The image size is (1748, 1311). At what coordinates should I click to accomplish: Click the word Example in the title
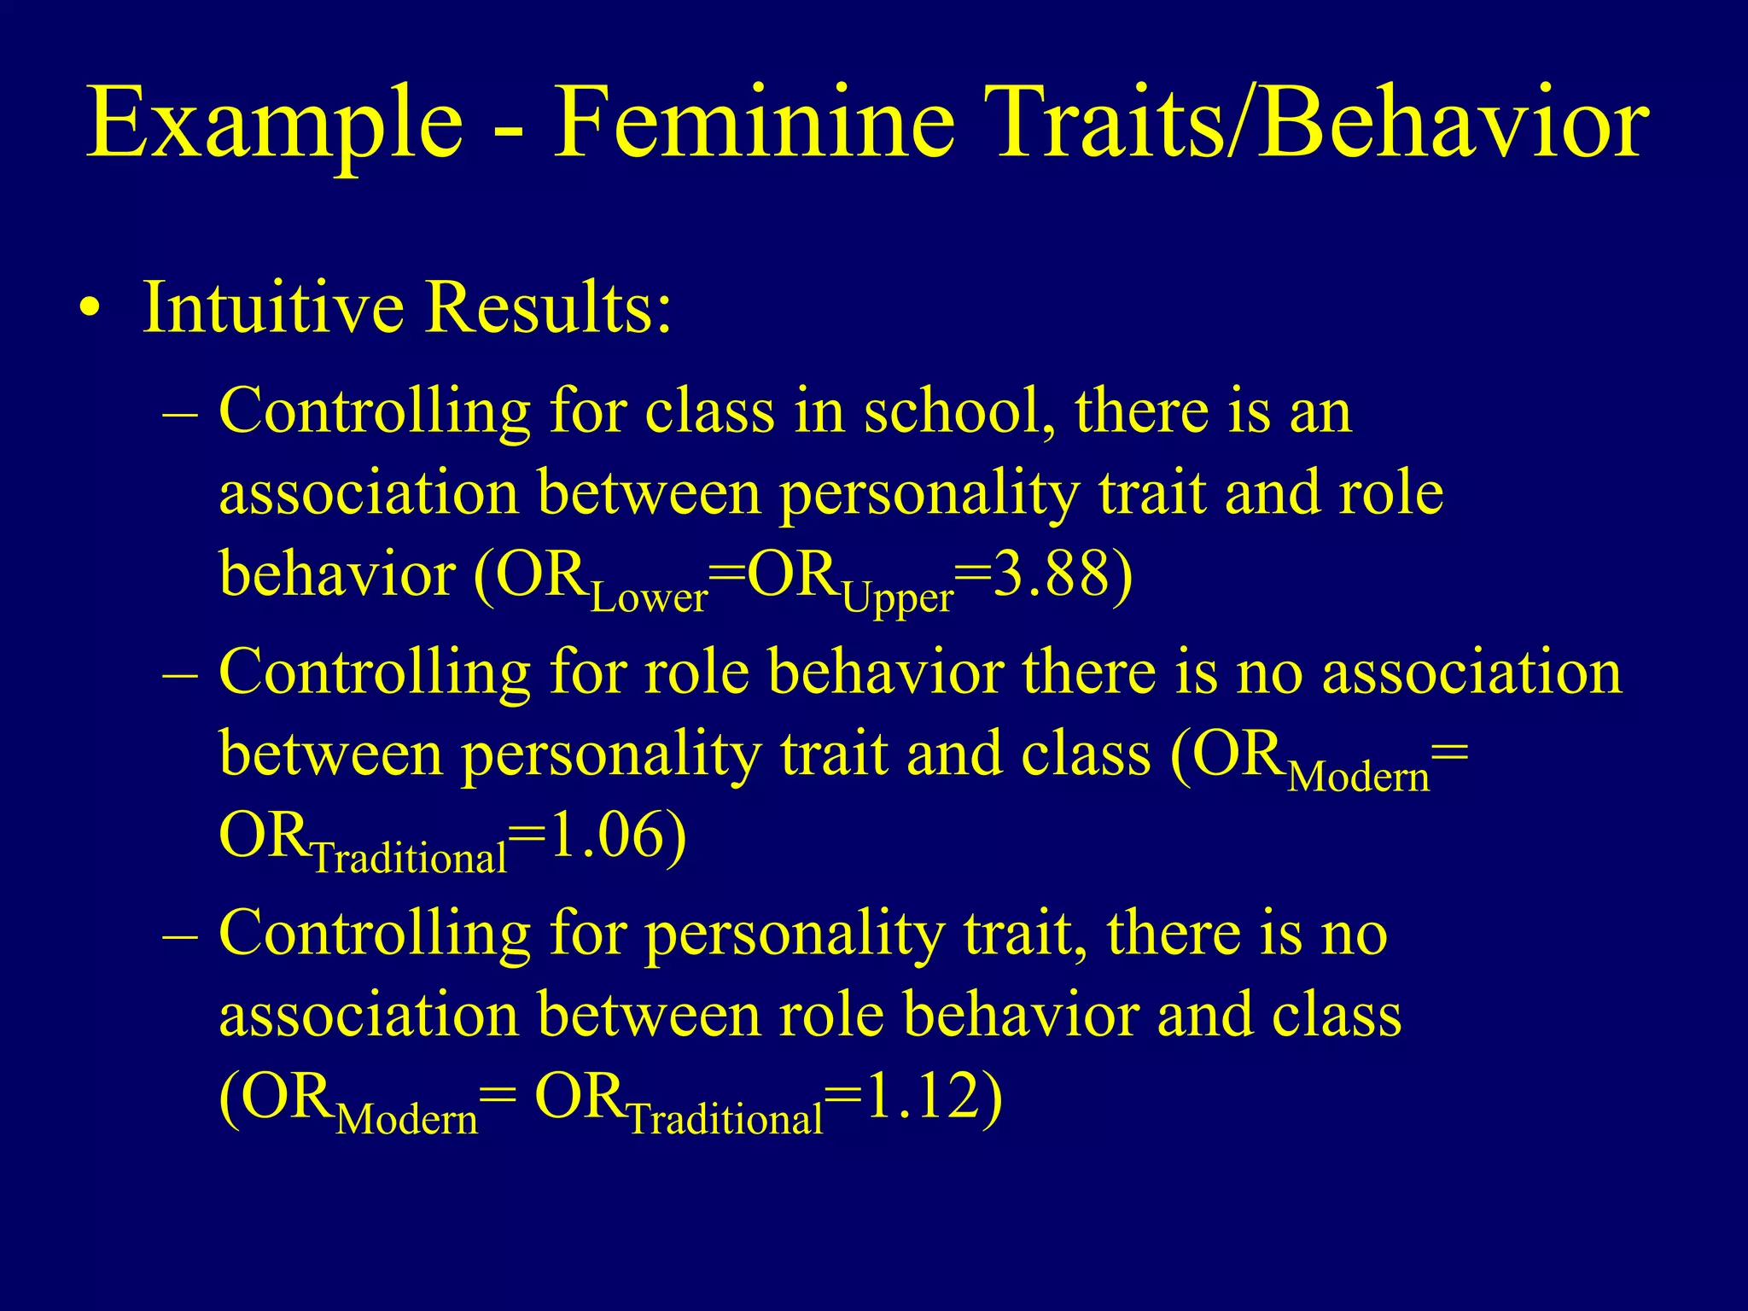click(x=275, y=124)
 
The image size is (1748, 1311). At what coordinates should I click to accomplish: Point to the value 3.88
click(x=1052, y=575)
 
